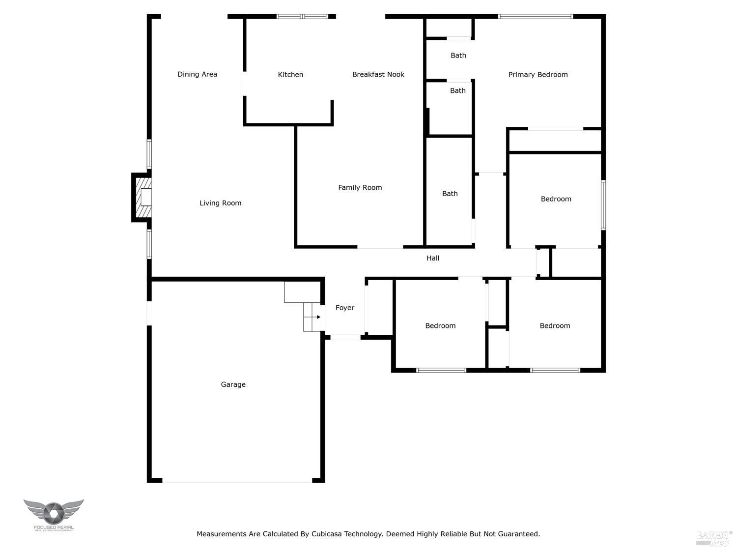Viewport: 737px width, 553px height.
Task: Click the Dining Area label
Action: pos(197,74)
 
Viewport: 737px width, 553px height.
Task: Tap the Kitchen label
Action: pos(290,75)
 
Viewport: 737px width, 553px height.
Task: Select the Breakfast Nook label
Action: pos(378,75)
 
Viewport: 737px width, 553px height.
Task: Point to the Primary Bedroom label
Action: pos(538,75)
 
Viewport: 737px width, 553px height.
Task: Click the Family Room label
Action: pos(360,187)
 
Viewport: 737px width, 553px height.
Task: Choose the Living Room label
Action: pos(220,203)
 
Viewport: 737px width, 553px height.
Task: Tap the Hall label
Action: pos(433,258)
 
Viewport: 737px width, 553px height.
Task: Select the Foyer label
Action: pos(345,308)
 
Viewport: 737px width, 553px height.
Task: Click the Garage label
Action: pos(233,384)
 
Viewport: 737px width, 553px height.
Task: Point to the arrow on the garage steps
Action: pos(318,317)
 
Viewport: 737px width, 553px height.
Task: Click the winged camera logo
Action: pos(53,513)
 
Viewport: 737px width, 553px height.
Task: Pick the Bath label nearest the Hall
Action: pos(450,194)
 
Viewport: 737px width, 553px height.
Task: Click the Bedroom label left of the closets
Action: pos(440,326)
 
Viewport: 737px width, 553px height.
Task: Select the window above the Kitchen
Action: pos(302,17)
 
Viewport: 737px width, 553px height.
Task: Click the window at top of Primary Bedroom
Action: pos(535,17)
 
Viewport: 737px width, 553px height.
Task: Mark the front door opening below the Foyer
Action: pos(345,337)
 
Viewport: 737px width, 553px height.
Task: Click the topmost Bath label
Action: pos(458,56)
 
